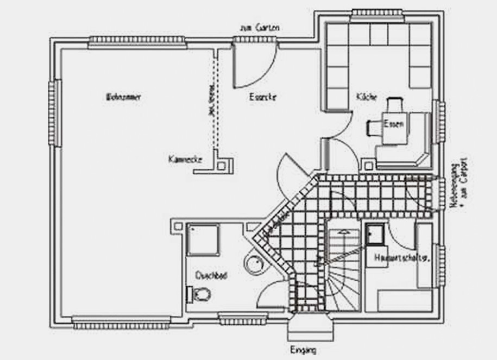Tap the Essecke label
[262, 98]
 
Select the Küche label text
[367, 97]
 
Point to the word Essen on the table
[394, 124]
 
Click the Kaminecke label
[185, 160]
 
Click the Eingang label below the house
[303, 350]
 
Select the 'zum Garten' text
[259, 28]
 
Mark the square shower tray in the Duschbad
[203, 239]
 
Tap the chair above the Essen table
[395, 104]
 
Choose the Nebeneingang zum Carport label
[457, 184]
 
